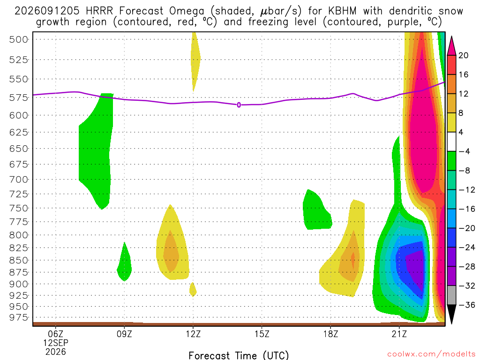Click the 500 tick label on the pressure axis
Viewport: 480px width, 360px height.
[18, 39]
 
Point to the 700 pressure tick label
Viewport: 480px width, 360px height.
[18, 180]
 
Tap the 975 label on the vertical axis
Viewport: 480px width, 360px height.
[18, 317]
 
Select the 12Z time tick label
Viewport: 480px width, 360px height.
[193, 334]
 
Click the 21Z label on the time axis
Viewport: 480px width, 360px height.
[399, 334]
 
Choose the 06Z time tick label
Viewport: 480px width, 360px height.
[56, 334]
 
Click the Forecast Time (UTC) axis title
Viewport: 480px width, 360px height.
[239, 355]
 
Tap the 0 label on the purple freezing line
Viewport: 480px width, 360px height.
[239, 105]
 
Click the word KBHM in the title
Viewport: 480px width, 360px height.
[343, 11]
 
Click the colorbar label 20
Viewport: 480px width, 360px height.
[463, 55]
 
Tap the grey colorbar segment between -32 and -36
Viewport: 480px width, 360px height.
[451, 295]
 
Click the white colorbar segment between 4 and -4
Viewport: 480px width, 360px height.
[451, 142]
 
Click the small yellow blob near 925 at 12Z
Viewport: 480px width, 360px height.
[193, 289]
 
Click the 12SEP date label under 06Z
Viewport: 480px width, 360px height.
[56, 343]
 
